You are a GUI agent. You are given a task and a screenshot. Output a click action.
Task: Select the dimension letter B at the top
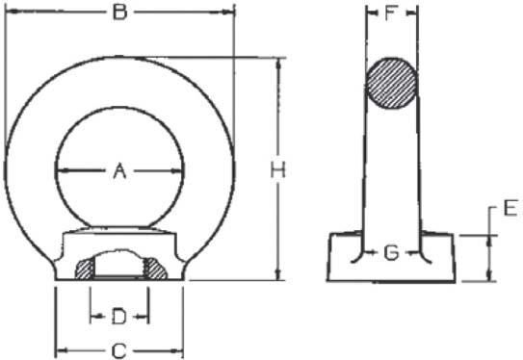coord(119,12)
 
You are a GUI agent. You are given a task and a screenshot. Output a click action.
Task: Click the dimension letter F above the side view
coord(391,13)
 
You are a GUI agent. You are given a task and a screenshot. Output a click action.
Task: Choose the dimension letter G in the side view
coord(392,253)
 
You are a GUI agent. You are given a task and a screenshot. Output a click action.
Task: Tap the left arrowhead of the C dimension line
coord(58,349)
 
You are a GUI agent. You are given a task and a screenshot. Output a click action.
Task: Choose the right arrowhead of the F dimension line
coord(416,13)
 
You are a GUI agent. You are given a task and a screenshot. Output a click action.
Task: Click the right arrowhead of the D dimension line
coord(146,316)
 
